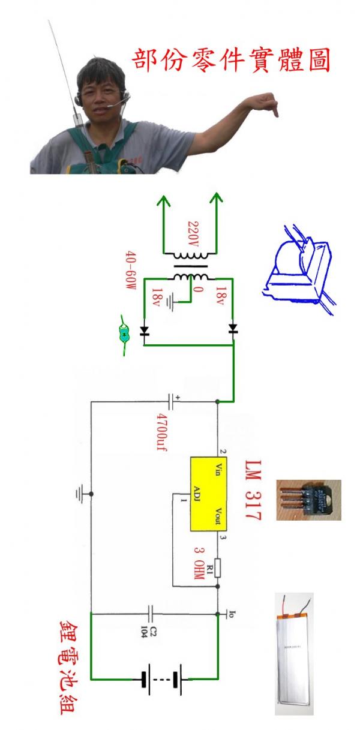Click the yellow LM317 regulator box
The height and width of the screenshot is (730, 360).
pyautogui.click(x=205, y=494)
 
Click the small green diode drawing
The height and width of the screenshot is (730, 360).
pyautogui.click(x=124, y=335)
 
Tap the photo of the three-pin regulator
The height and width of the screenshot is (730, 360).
pyautogui.click(x=308, y=500)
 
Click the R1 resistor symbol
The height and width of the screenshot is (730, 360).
pyautogui.click(x=217, y=567)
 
